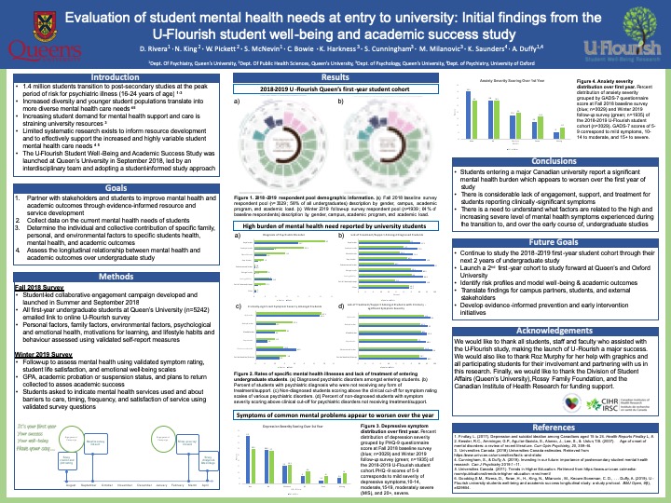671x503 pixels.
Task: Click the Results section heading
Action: pyautogui.click(x=335, y=77)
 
